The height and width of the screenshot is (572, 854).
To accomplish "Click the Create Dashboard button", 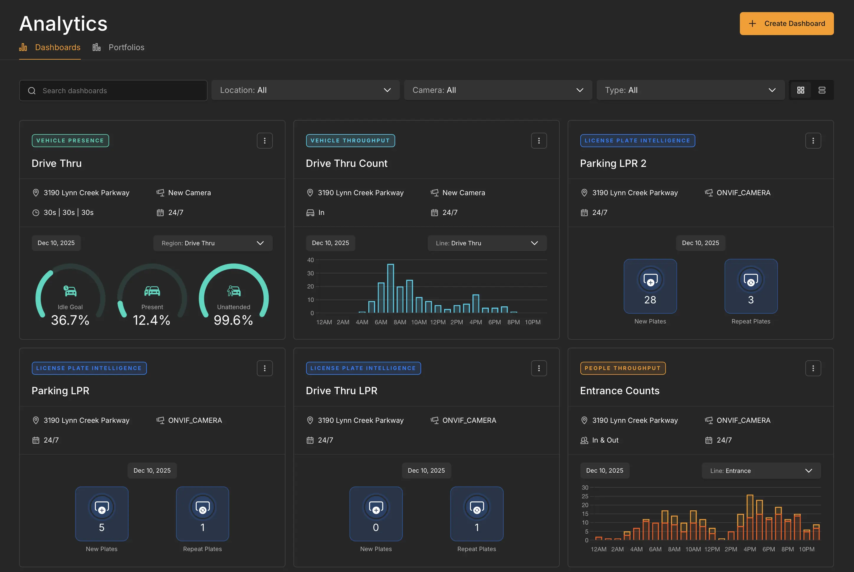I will [x=786, y=24].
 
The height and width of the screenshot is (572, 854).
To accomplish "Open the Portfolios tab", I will [x=126, y=47].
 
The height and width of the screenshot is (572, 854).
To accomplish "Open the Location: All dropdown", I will [x=305, y=90].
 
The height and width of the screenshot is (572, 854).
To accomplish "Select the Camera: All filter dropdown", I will [x=497, y=90].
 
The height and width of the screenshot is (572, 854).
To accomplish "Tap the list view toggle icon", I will [x=822, y=90].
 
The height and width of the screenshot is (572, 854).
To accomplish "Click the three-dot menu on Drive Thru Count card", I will [x=538, y=141].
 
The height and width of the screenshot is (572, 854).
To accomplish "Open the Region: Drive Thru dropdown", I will [x=212, y=243].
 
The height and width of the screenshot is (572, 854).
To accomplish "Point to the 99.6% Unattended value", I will [x=233, y=320].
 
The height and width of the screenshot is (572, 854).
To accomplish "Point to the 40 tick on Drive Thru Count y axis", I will [x=311, y=260].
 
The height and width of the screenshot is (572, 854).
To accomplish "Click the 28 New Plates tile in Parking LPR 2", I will [x=650, y=286].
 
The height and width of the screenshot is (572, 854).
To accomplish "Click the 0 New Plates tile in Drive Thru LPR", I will [x=376, y=514].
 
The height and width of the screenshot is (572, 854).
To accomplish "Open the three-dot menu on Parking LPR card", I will [x=265, y=369].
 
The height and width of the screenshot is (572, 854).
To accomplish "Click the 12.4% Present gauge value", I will [x=151, y=320].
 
